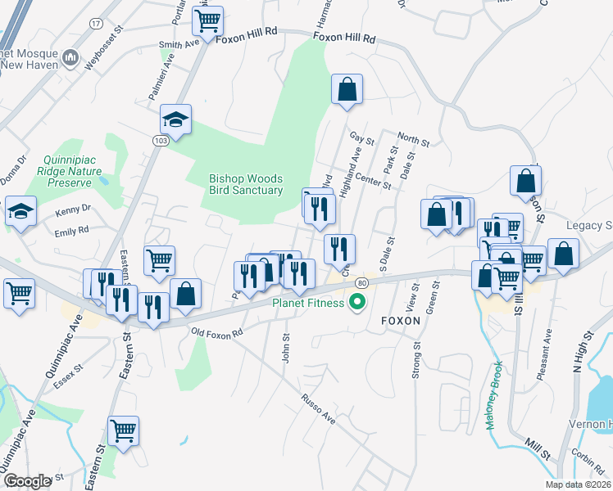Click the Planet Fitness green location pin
tap(356, 304)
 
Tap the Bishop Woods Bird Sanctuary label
tap(246, 184)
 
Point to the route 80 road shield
tap(361, 282)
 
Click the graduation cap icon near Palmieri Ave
tap(175, 121)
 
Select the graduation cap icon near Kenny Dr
tap(20, 212)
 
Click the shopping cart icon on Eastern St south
tap(123, 430)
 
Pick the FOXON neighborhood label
tap(401, 322)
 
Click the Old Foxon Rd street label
tap(217, 333)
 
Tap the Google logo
tap(28, 481)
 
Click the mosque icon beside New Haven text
tap(70, 58)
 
